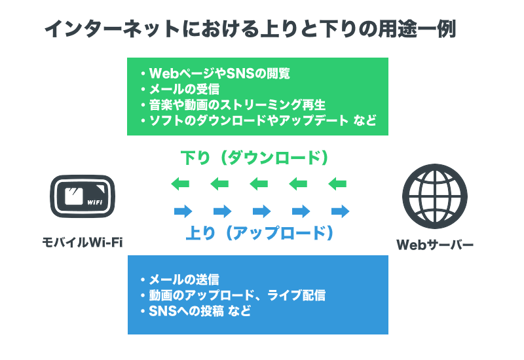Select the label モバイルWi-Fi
click(83, 243)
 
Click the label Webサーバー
click(434, 245)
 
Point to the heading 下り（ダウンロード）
click(255, 158)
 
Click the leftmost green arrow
click(180, 184)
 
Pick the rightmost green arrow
click(337, 184)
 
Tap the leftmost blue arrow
click(183, 211)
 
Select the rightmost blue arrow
click(340, 211)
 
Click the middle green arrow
click(259, 184)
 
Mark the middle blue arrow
click(261, 211)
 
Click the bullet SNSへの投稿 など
click(200, 311)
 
